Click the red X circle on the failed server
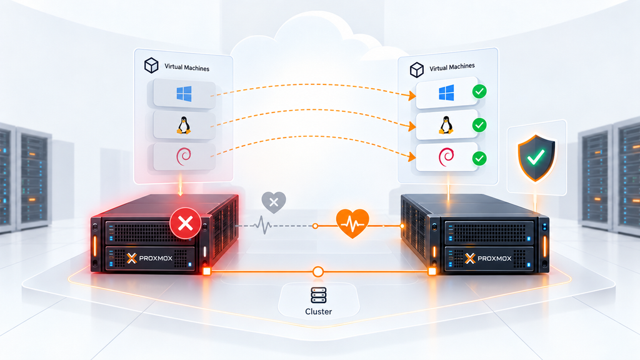pyautogui.click(x=185, y=223)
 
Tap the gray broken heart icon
pyautogui.click(x=274, y=202)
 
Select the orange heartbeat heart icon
pyautogui.click(x=352, y=223)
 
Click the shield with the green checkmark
pyautogui.click(x=536, y=158)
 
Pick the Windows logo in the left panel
pyautogui.click(x=184, y=94)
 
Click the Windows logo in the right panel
pyautogui.click(x=446, y=92)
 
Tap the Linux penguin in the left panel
pyautogui.click(x=184, y=125)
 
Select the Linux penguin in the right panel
pyautogui.click(x=446, y=125)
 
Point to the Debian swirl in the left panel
pyautogui.click(x=183, y=156)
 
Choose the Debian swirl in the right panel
pyautogui.click(x=446, y=157)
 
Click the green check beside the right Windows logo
pyautogui.click(x=479, y=91)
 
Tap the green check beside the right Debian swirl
pyautogui.click(x=479, y=158)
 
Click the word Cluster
pyautogui.click(x=318, y=311)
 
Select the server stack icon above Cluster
pyautogui.click(x=318, y=295)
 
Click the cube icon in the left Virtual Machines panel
pyautogui.click(x=151, y=65)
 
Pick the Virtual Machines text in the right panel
pyautogui.click(x=452, y=67)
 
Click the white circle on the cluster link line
pyautogui.click(x=318, y=271)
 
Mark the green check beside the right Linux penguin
pyautogui.click(x=479, y=125)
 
